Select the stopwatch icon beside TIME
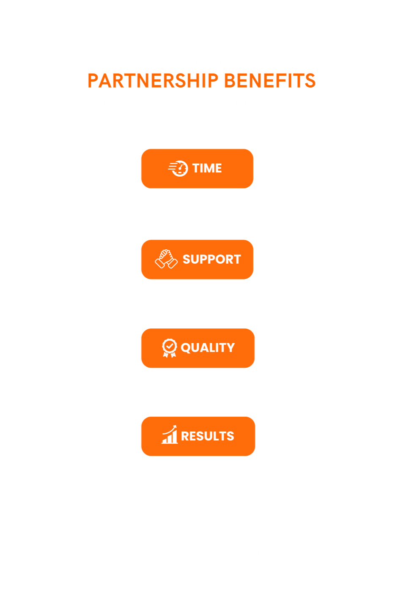(178, 168)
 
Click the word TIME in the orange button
(207, 168)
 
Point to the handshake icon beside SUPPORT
(166, 259)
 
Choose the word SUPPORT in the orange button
(211, 259)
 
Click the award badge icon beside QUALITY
(170, 348)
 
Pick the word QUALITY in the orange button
(208, 348)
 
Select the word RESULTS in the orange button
(208, 436)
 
